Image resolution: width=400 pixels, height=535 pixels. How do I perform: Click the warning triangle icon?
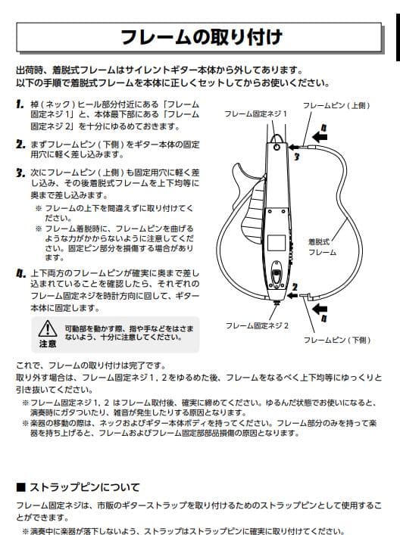(48, 328)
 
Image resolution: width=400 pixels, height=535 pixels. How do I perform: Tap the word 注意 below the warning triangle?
(48, 344)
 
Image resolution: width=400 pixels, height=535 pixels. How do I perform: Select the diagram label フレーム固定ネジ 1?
(256, 113)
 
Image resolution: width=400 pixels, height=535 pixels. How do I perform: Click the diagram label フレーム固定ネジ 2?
(256, 325)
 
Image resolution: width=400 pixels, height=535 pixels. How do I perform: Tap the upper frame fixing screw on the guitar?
(279, 149)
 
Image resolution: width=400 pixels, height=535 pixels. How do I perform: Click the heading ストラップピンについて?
(83, 486)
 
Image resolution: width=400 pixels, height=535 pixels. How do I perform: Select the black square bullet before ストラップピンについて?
(21, 486)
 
